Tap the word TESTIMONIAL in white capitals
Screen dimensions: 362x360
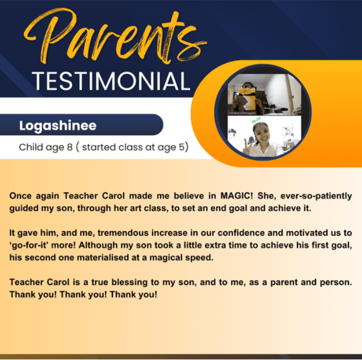(111, 81)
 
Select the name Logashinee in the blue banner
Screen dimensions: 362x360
(58, 126)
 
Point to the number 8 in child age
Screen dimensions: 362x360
(70, 147)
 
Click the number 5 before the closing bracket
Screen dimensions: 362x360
(182, 147)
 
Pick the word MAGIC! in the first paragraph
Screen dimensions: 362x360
(237, 196)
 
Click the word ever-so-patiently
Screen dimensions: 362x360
(316, 196)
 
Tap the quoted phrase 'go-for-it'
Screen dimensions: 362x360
(28, 245)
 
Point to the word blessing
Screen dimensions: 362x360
(129, 282)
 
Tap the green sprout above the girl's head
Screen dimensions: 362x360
(256, 120)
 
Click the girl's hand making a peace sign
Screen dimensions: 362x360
(246, 149)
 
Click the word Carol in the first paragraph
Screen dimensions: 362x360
(113, 196)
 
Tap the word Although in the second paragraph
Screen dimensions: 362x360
(98, 245)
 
